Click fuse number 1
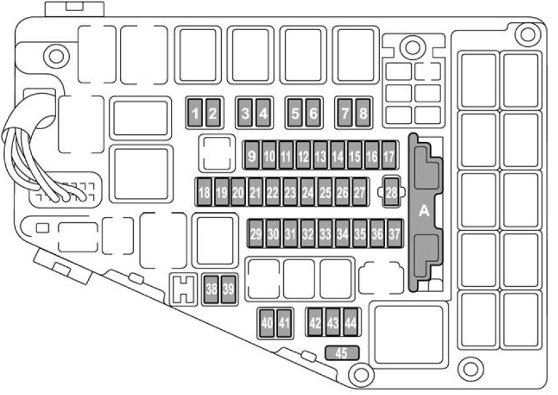tap(194, 115)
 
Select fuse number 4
tap(263, 115)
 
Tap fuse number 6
tap(313, 115)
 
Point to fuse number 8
tap(364, 115)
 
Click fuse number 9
tap(252, 156)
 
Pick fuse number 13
tap(320, 156)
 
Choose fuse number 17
tap(389, 156)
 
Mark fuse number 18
tap(204, 193)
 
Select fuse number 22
tap(273, 193)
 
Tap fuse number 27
tap(360, 193)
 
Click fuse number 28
tap(391, 192)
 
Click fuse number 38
tap(211, 289)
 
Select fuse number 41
tap(284, 323)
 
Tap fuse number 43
tap(333, 323)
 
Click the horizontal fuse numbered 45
tap(341, 353)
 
